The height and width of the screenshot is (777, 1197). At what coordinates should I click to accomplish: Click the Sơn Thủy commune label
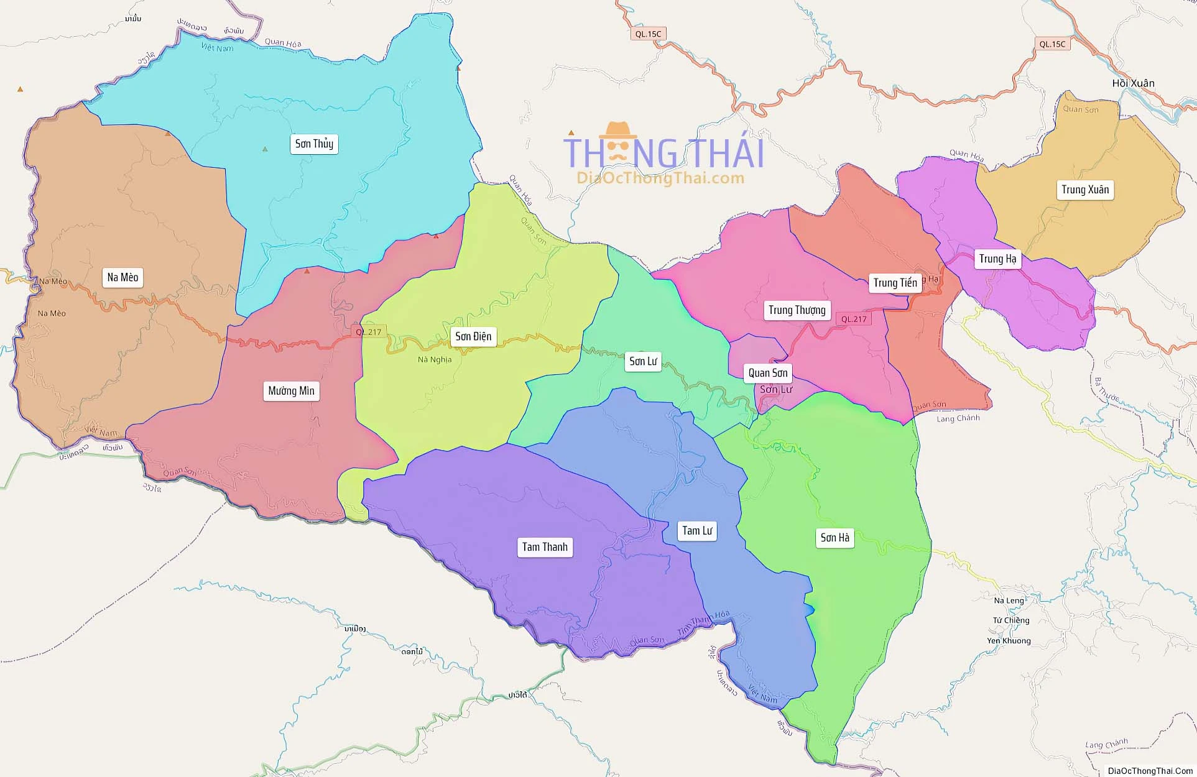tap(314, 144)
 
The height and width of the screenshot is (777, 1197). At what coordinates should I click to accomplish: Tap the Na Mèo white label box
tap(122, 277)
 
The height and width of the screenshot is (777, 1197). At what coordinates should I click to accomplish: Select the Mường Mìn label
tap(291, 391)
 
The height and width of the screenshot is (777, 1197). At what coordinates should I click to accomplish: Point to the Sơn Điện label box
tap(473, 337)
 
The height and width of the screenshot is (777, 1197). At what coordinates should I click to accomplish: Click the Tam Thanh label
tap(545, 547)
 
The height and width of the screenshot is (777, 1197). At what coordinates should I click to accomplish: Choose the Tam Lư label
tap(696, 531)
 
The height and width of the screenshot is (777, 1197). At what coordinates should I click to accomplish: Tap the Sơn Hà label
tap(834, 538)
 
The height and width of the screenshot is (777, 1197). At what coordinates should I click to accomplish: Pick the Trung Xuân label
tap(1084, 190)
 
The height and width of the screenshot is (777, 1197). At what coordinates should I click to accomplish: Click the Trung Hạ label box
tap(997, 259)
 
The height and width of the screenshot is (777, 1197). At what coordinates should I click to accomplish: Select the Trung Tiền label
tap(895, 283)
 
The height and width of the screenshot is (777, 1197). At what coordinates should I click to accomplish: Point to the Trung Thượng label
tap(797, 310)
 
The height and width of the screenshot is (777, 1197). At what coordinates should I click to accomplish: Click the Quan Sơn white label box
tap(767, 373)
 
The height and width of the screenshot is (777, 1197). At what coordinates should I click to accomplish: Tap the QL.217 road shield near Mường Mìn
tap(369, 332)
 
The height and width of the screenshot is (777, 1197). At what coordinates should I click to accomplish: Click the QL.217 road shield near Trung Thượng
tap(853, 319)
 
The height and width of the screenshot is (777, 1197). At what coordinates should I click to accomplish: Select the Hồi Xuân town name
tap(1133, 83)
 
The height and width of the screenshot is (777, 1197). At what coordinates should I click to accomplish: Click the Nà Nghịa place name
tap(435, 360)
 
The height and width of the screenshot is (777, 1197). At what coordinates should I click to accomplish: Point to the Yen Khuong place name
tap(1009, 641)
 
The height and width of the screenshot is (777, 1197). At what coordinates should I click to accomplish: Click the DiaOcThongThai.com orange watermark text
tap(660, 178)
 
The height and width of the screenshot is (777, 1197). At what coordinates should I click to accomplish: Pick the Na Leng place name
tap(1009, 600)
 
